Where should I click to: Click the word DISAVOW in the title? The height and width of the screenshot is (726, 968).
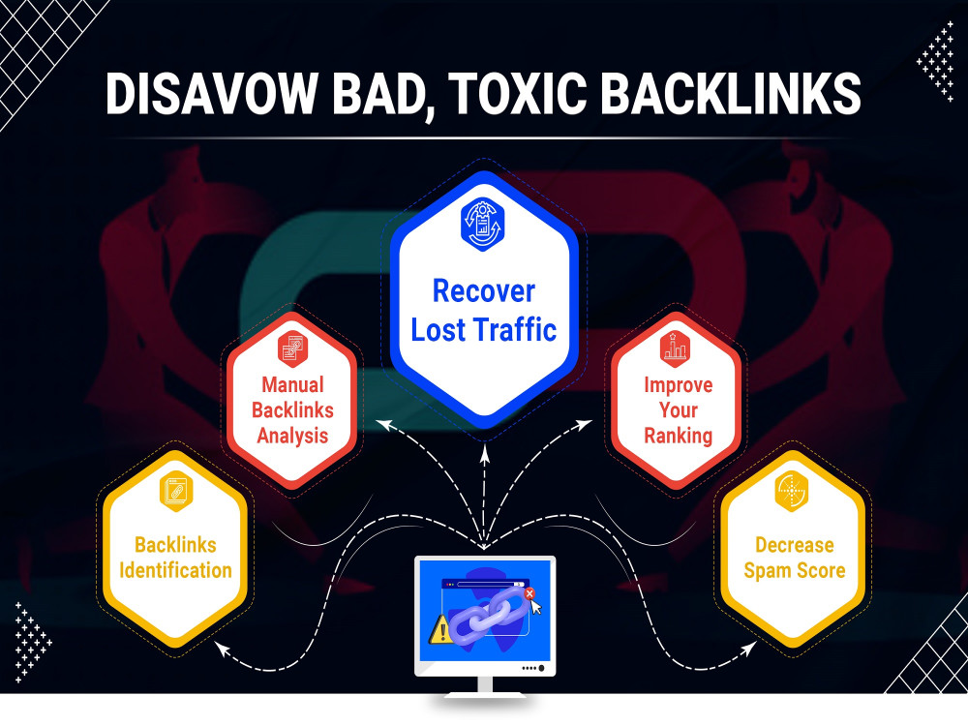(x=210, y=93)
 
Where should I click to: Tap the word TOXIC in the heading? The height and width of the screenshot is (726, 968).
(x=517, y=93)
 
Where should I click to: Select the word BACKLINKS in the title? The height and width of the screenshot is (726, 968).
(x=731, y=93)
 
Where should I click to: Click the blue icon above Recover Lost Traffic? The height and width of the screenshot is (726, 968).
(x=483, y=225)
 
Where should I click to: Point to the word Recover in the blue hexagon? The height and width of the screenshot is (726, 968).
(x=483, y=290)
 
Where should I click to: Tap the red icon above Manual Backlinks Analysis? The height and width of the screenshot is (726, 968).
(x=292, y=348)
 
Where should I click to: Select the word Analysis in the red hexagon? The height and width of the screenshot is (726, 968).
(x=292, y=436)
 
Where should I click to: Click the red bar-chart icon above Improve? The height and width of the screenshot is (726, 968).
(x=676, y=348)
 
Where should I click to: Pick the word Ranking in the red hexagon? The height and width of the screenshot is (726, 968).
(x=678, y=436)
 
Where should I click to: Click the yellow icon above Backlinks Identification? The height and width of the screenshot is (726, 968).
(x=175, y=492)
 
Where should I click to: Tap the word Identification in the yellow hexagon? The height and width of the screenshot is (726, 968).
(x=175, y=570)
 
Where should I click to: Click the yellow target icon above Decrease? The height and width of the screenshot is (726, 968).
(x=792, y=492)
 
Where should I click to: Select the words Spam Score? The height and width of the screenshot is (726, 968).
(x=795, y=570)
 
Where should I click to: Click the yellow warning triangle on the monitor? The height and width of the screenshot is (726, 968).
(x=440, y=629)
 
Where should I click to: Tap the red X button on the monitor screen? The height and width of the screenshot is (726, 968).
(x=529, y=594)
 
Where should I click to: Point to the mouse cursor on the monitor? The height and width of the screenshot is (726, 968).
(x=536, y=608)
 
